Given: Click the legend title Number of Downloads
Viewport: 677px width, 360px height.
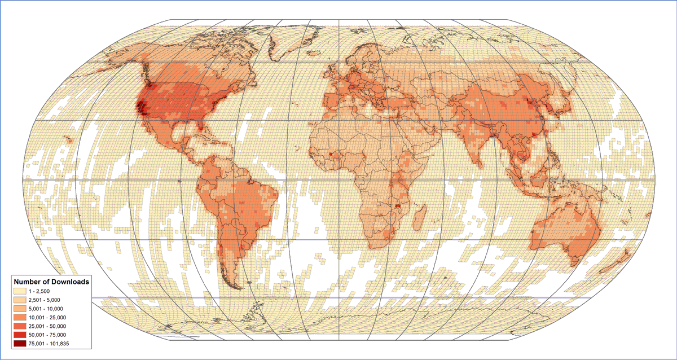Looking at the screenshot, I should (x=51, y=281).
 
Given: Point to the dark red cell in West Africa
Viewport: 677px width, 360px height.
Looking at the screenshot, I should (x=329, y=153).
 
